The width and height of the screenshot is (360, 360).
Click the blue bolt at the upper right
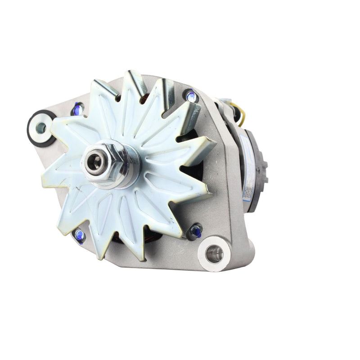click(191, 96)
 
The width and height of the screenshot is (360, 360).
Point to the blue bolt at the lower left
click(80, 234)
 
